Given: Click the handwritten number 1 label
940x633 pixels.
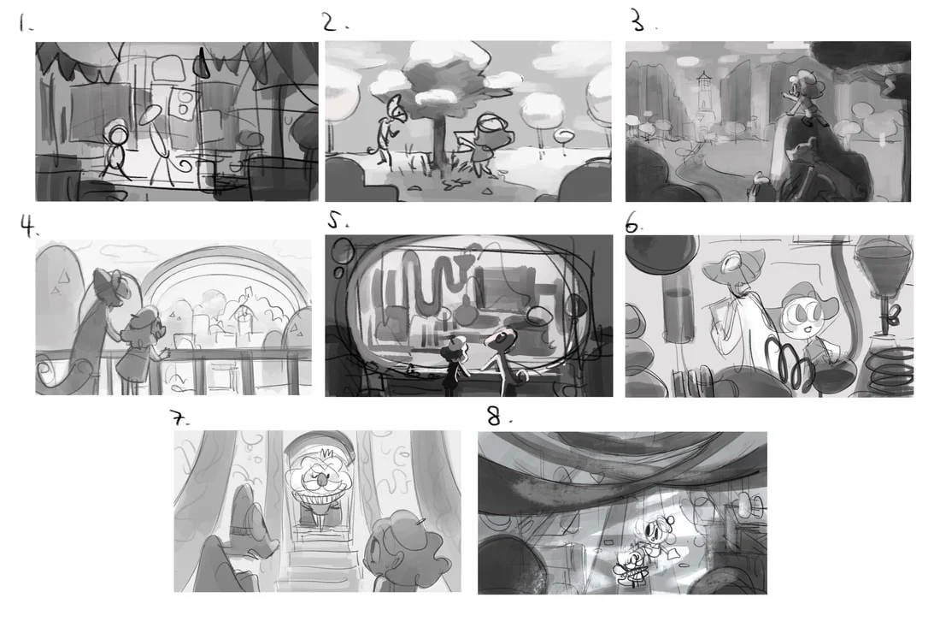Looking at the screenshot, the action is (x=23, y=23).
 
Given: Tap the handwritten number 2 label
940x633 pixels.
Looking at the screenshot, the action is (x=334, y=22).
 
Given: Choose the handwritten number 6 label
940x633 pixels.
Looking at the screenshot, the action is (x=633, y=223).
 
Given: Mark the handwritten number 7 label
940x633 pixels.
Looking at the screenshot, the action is (x=178, y=417).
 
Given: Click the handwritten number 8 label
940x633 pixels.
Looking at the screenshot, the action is (x=497, y=416).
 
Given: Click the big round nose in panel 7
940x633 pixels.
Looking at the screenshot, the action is (x=322, y=478).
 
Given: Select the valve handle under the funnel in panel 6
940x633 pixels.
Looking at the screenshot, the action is (x=893, y=315).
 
